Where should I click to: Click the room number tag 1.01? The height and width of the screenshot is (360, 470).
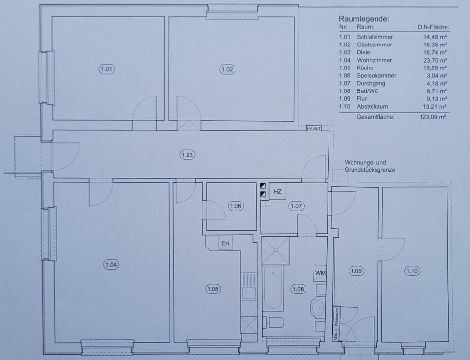[106, 69]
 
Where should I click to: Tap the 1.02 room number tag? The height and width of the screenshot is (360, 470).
[227, 69]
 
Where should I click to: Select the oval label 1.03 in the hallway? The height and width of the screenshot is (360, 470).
[188, 155]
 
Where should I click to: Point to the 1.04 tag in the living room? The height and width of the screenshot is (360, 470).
[111, 265]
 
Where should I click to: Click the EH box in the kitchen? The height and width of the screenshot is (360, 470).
[225, 243]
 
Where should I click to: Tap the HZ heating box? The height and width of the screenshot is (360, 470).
[278, 191]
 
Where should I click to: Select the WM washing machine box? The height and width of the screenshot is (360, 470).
[320, 273]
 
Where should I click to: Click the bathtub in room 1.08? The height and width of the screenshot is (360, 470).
[273, 289]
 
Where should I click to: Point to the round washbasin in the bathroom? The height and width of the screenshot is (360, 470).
[318, 307]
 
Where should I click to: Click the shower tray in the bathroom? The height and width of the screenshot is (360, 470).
[276, 251]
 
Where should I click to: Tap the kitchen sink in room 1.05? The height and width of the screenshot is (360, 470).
[249, 292]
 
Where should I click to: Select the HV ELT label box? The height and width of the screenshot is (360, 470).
[314, 128]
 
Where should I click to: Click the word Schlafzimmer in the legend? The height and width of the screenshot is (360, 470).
[375, 37]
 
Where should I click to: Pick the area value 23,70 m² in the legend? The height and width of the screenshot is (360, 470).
[435, 60]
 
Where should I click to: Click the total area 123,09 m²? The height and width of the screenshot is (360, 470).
[432, 117]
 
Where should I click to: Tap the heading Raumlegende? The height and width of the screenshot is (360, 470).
[364, 19]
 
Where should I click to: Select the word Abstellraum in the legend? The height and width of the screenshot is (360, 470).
[372, 106]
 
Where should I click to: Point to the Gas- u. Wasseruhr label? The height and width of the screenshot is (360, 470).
[336, 323]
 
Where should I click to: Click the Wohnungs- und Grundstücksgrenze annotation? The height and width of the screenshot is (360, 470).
[370, 166]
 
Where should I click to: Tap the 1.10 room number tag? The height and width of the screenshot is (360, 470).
[412, 271]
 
